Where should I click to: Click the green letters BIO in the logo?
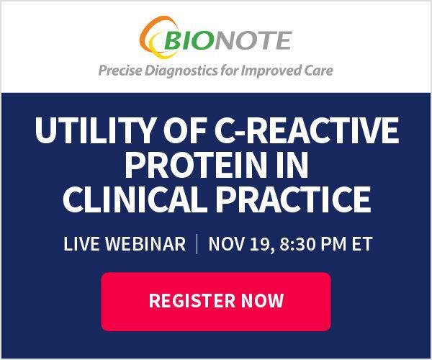tap(189, 40)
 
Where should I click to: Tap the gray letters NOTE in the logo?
tap(253, 40)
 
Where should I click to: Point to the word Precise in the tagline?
tap(120, 71)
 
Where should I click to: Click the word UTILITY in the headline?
tap(94, 130)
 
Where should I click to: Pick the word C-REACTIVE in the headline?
tap(307, 130)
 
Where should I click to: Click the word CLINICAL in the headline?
tap(135, 199)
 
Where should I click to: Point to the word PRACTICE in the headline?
tap(293, 199)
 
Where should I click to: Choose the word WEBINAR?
tap(145, 244)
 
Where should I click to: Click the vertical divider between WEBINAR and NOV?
tap(197, 244)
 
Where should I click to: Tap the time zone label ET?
tap(362, 244)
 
